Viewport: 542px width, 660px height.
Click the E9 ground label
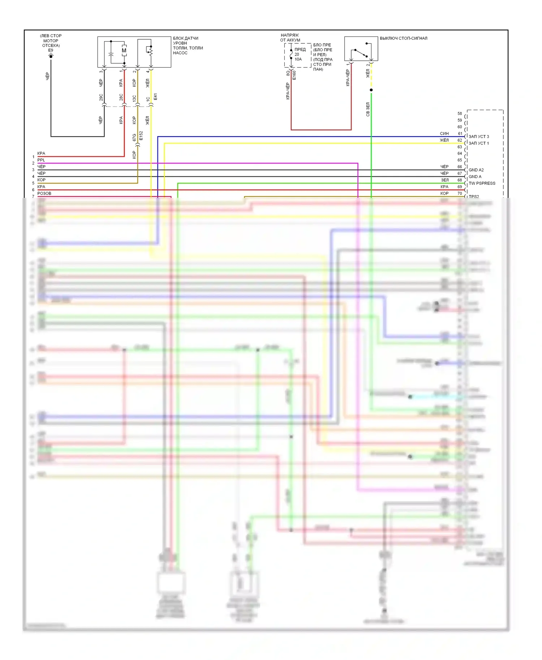tap(51, 51)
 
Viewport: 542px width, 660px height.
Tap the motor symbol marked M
tap(124, 51)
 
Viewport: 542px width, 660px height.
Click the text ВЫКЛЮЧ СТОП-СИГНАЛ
tap(403, 38)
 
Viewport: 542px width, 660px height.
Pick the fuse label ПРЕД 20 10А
tap(299, 54)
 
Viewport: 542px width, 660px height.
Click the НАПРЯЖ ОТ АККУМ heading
tap(290, 38)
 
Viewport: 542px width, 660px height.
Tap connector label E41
tap(155, 97)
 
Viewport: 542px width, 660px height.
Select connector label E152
tap(141, 136)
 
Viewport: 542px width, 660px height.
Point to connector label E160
tap(294, 75)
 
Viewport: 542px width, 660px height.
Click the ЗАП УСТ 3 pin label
tap(478, 136)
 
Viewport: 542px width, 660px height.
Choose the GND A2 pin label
tap(476, 170)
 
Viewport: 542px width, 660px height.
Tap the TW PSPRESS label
tap(482, 183)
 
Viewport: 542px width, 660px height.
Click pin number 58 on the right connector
tap(460, 113)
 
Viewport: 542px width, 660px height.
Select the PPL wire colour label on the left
tap(41, 160)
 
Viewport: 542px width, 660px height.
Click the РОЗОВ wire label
tap(44, 194)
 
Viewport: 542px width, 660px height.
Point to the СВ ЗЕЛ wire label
tap(368, 109)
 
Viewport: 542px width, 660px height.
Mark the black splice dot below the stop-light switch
tap(371, 90)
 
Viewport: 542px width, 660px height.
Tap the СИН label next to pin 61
tap(444, 134)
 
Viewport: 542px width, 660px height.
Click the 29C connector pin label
tap(101, 97)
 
